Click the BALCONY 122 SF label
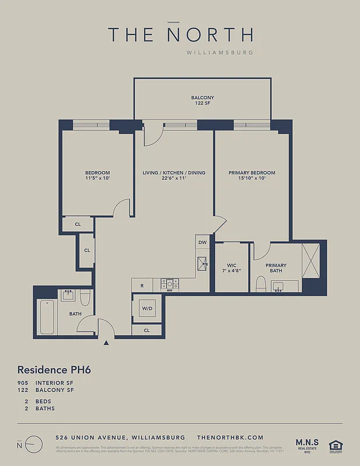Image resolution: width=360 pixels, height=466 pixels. point(202,100)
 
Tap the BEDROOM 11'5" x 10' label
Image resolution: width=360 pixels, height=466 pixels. point(97,176)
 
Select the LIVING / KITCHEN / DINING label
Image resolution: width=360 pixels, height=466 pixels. point(174,176)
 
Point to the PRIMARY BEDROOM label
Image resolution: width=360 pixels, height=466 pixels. point(252,176)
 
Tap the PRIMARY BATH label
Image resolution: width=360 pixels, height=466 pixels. point(276,268)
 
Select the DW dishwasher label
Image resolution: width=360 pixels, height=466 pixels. point(202,242)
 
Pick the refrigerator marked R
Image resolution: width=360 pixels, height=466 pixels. point(142,285)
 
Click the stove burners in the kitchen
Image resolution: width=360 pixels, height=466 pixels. point(170,284)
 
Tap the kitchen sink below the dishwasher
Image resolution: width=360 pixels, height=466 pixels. point(202,263)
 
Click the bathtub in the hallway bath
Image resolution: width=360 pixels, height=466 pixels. point(47,316)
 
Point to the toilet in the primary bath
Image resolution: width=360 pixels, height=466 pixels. point(260,284)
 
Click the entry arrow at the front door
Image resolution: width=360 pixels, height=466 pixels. point(106,343)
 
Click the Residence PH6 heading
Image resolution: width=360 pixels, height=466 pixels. point(55,369)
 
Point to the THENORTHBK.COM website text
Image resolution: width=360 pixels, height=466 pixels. point(231,437)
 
